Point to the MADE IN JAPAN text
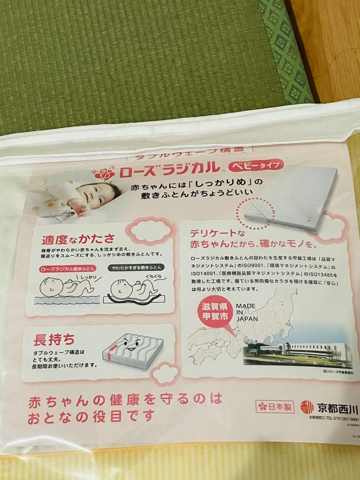247,312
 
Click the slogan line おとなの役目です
91,417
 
